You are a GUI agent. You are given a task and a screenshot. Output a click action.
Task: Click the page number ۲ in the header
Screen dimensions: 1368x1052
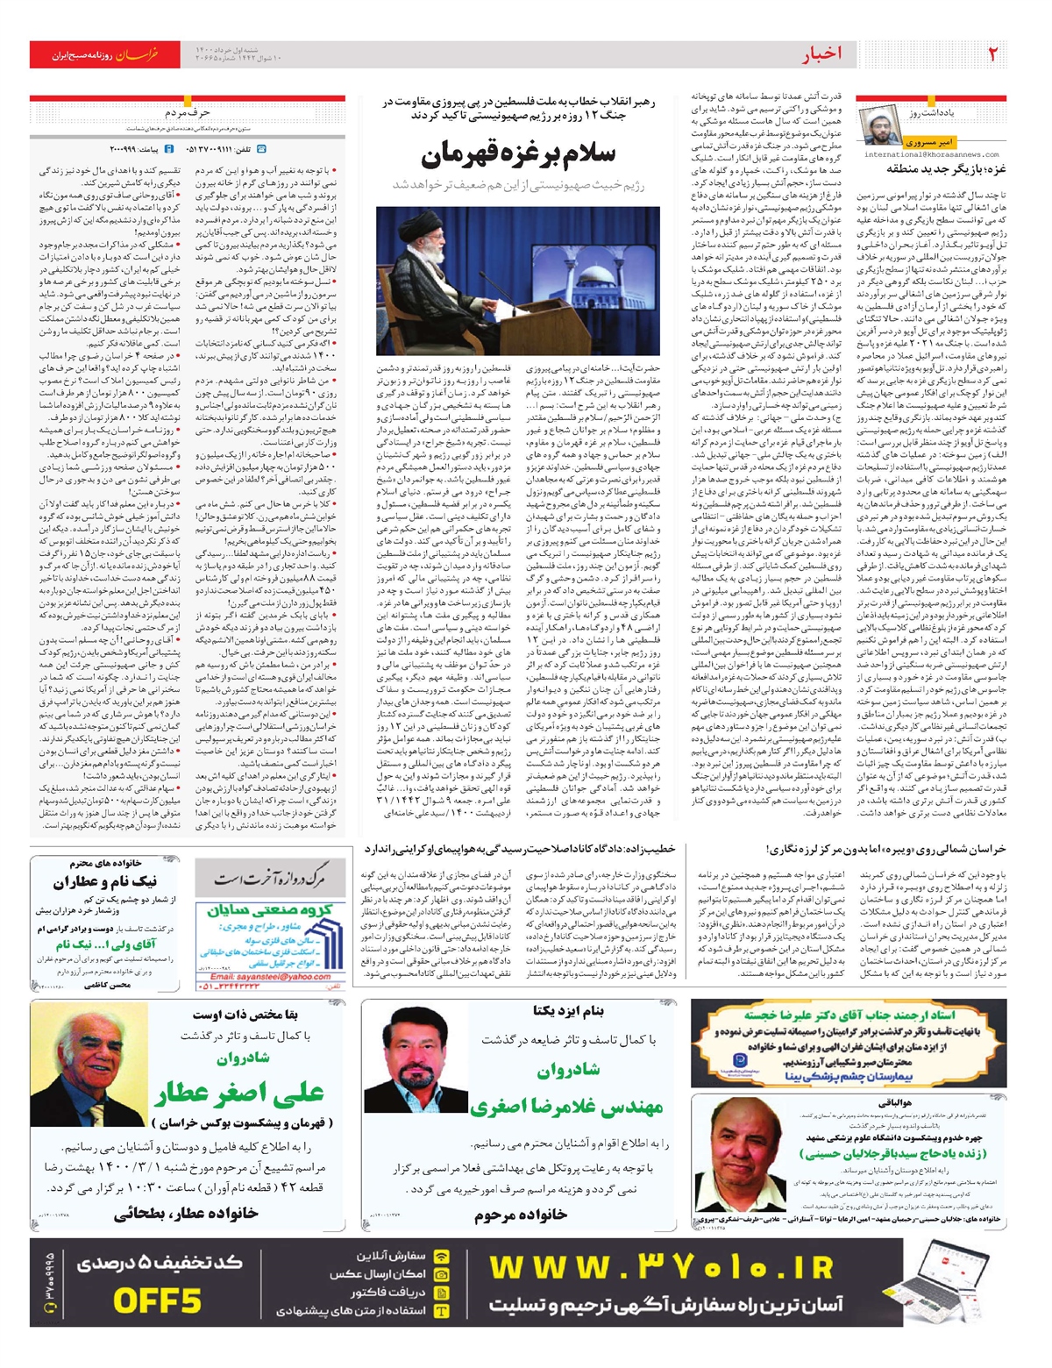pos(992,53)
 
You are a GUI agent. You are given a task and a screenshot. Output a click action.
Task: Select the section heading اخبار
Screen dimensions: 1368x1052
pos(821,54)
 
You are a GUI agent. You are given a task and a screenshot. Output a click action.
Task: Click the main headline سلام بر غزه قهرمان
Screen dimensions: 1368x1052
pos(519,156)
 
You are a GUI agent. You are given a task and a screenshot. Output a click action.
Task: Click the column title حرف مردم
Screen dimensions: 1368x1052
pos(187,113)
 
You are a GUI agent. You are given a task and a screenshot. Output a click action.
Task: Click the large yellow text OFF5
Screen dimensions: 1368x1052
pos(158,1300)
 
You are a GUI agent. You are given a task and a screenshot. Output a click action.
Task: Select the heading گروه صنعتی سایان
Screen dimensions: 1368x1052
pos(269,910)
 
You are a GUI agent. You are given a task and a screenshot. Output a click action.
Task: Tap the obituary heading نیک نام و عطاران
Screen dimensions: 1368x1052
pos(105,881)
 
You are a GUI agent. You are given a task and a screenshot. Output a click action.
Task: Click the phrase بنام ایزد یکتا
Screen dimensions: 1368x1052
pos(568,1011)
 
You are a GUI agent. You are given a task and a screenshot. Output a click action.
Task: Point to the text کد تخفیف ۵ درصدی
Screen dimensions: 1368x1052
pos(160,1262)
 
